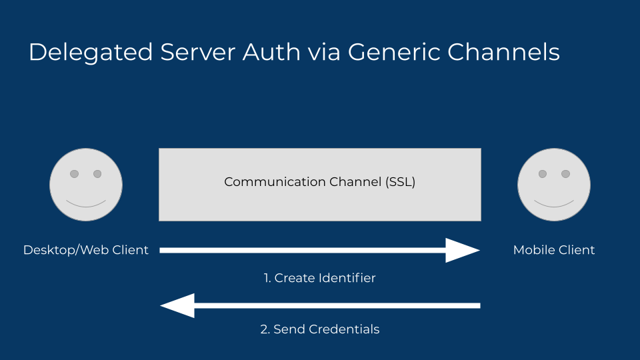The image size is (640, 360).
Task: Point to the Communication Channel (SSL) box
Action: pyautogui.click(x=319, y=185)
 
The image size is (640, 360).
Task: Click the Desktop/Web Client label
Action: pyautogui.click(x=86, y=250)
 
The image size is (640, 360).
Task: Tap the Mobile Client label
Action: pyautogui.click(x=554, y=250)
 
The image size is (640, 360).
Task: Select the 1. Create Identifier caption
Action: pyautogui.click(x=319, y=278)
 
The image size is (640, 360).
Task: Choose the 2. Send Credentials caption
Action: pyautogui.click(x=319, y=329)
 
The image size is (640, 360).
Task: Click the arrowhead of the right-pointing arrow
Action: pyautogui.click(x=461, y=250)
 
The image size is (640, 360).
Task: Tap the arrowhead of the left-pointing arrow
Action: pyautogui.click(x=178, y=305)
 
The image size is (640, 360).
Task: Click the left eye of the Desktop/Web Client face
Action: pyautogui.click(x=74, y=174)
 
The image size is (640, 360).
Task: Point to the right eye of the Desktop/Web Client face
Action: pyautogui.click(x=97, y=174)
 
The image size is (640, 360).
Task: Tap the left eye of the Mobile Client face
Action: pyautogui.click(x=543, y=174)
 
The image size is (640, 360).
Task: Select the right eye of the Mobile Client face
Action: pyautogui.click(x=566, y=174)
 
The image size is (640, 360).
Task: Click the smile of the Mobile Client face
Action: pyautogui.click(x=554, y=203)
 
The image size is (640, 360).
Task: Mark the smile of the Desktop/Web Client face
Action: pyautogui.click(x=86, y=203)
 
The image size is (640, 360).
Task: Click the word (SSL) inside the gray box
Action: pyautogui.click(x=400, y=182)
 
